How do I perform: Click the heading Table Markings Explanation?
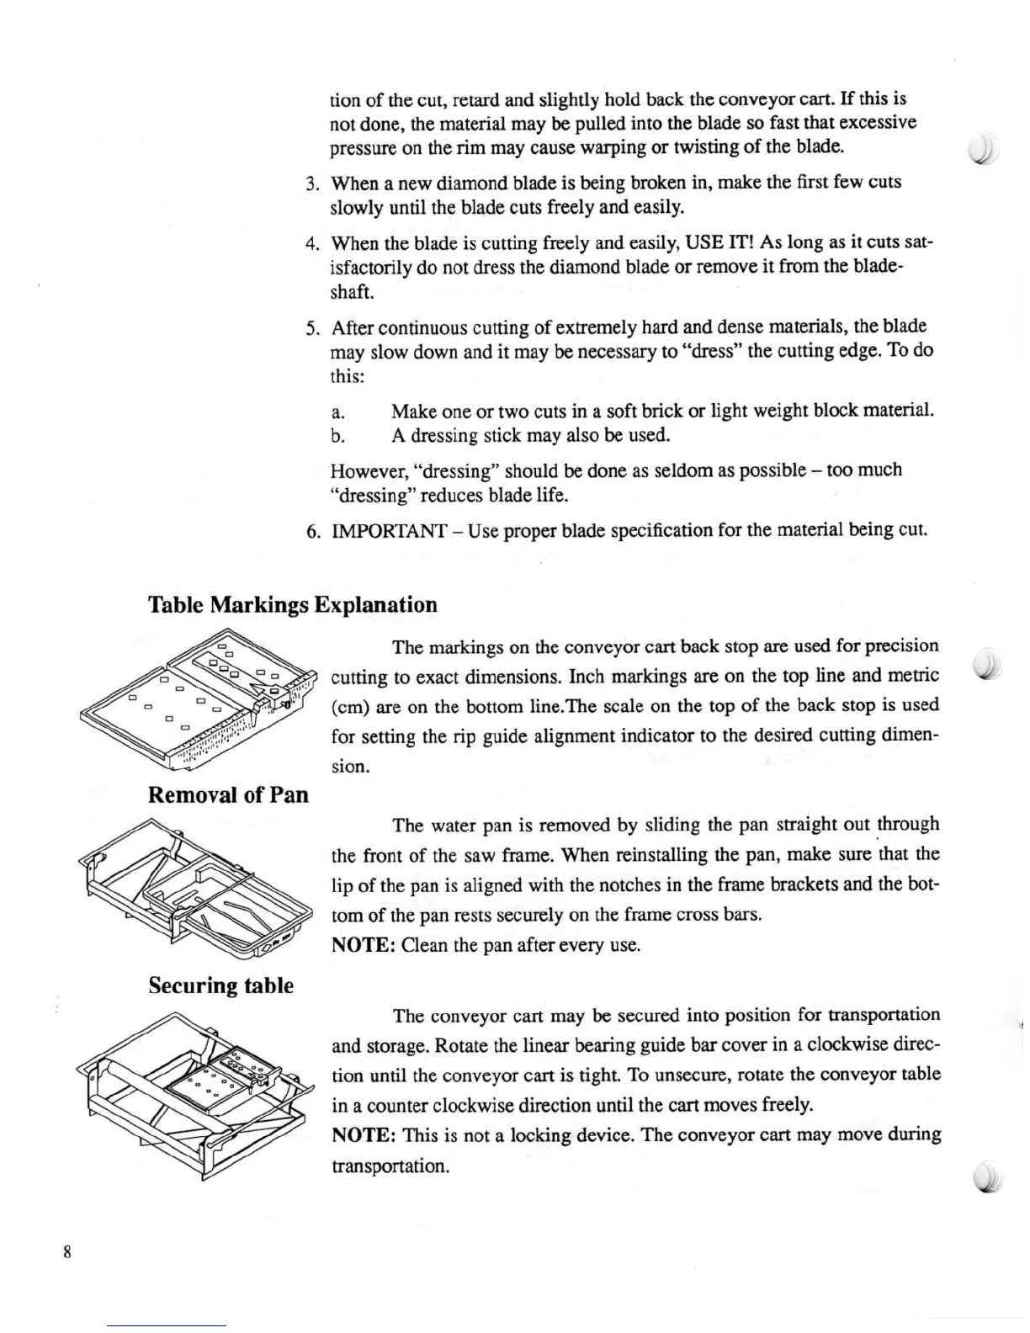coord(292,605)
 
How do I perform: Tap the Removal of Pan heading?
coord(228,795)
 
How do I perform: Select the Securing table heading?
coord(220,985)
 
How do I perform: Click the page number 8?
coord(66,1251)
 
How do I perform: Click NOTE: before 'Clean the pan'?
coord(364,946)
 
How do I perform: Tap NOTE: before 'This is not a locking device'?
coord(364,1135)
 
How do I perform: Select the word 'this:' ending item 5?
coord(348,377)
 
